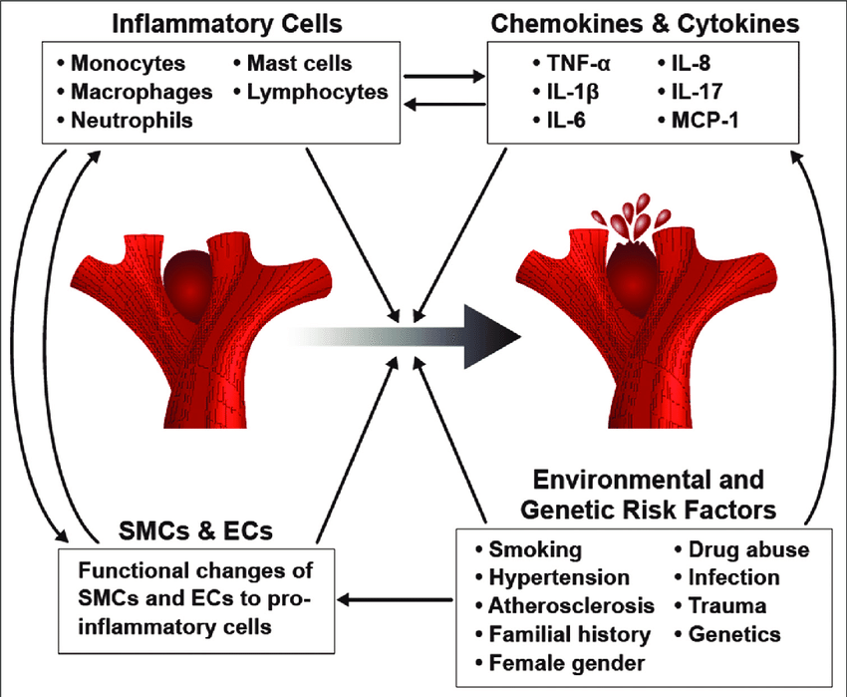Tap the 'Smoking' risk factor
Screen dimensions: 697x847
pyautogui.click(x=534, y=549)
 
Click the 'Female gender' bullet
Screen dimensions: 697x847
pyautogui.click(x=560, y=662)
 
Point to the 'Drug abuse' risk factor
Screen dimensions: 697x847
pyautogui.click(x=741, y=549)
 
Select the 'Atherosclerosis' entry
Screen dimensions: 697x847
pyautogui.click(x=571, y=605)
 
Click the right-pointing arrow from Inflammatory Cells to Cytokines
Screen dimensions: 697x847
pyautogui.click(x=444, y=74)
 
